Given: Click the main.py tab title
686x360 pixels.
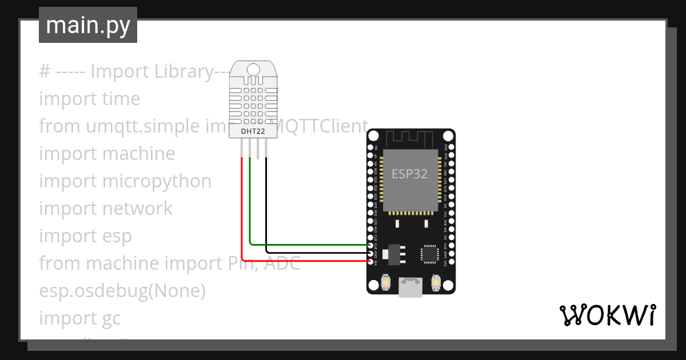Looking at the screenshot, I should tap(87, 25).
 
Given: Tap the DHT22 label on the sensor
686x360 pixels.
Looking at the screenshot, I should tap(253, 132).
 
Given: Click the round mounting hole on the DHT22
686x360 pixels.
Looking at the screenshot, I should tap(253, 69).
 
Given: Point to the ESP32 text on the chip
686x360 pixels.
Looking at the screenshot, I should tap(409, 174).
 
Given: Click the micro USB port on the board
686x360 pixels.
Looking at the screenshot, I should tap(411, 287).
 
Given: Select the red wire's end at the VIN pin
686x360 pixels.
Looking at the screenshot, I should tap(371, 261).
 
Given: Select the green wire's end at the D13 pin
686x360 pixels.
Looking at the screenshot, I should tap(371, 245).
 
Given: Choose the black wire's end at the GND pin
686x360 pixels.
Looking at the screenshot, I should tap(371, 253).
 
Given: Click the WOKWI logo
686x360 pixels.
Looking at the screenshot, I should tap(607, 315).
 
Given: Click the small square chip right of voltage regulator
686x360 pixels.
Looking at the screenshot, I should tap(429, 253).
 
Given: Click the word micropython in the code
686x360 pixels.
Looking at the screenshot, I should tap(157, 181).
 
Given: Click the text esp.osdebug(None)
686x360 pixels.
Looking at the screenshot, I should tap(122, 291).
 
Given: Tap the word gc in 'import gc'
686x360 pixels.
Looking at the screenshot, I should tap(111, 318).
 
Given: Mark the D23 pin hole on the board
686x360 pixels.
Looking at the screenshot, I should tap(451, 146).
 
